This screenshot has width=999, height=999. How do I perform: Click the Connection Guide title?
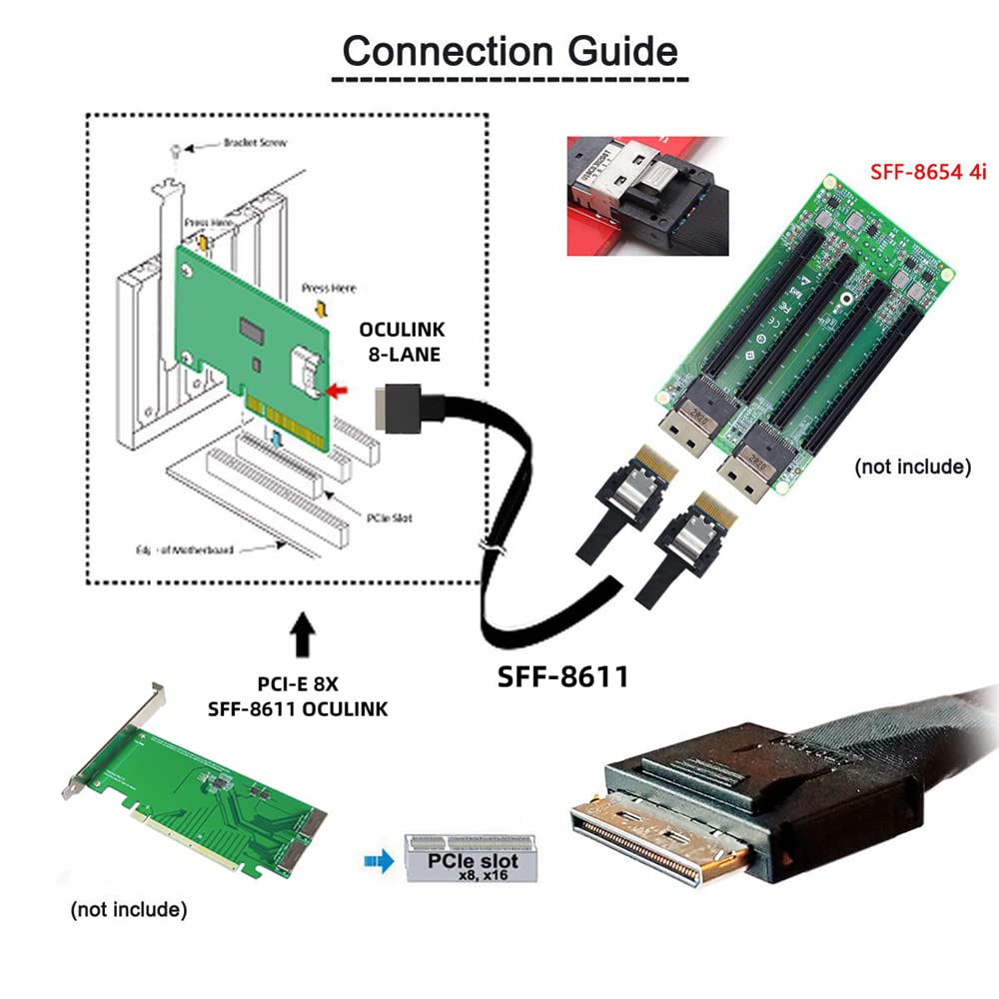click(x=509, y=50)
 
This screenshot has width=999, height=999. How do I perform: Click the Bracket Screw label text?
click(x=255, y=143)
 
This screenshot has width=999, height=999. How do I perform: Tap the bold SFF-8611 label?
click(x=563, y=676)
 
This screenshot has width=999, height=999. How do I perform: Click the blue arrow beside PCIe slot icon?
click(x=378, y=857)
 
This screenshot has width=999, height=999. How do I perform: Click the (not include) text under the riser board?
click(x=912, y=467)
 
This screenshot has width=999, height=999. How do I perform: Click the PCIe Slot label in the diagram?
click(x=389, y=518)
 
